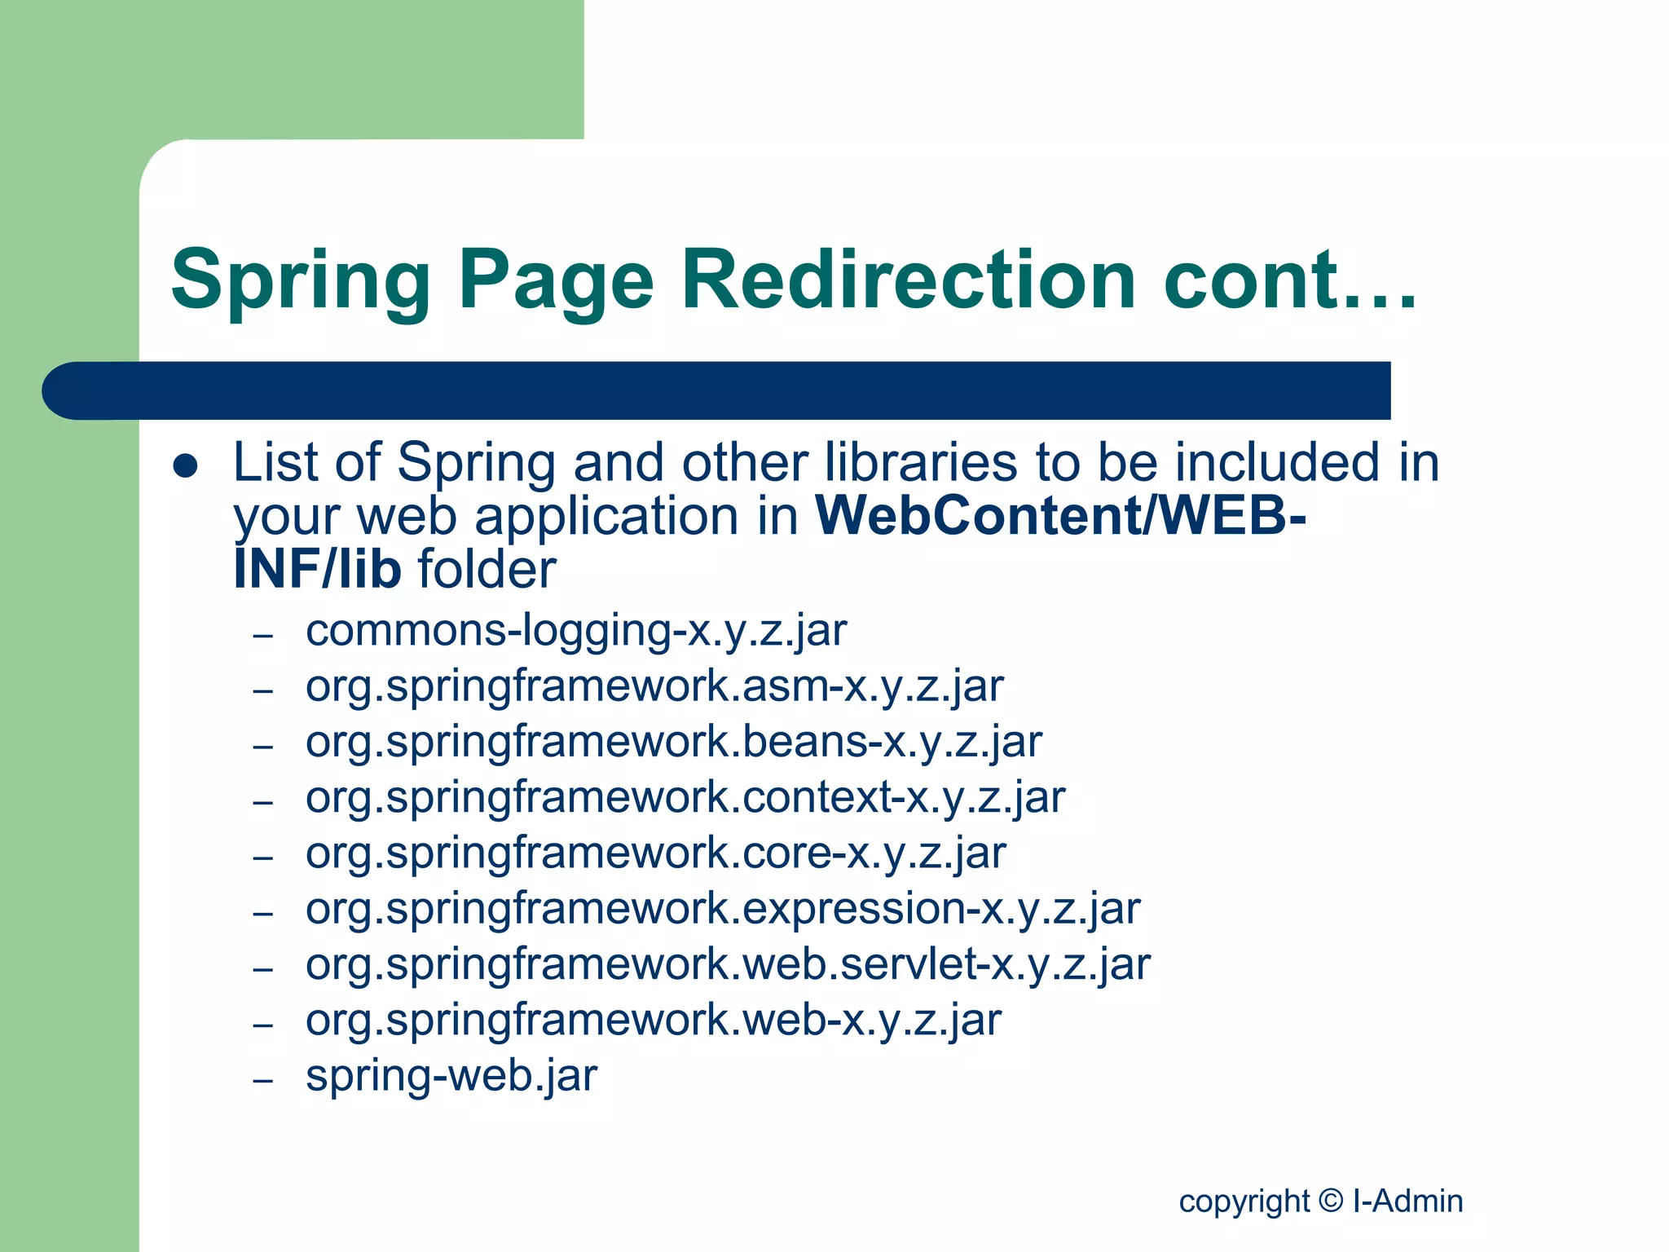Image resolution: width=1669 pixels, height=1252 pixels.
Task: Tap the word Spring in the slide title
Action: [300, 281]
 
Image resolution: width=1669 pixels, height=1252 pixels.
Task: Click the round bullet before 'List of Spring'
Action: [186, 466]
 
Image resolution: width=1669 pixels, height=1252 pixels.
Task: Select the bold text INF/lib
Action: [317, 569]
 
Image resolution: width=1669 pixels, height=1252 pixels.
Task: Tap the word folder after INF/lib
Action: [487, 569]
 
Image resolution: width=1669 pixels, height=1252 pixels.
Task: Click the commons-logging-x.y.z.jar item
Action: [576, 631]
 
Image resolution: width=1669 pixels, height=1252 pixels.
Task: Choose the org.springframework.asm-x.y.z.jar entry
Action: [654, 686]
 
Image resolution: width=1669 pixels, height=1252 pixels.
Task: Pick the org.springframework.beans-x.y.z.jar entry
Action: [674, 742]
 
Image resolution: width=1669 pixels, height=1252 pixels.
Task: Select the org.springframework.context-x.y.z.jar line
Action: [685, 797]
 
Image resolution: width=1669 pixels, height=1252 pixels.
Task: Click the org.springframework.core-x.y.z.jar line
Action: [656, 853]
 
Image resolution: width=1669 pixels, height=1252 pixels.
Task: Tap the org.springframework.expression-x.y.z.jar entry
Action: [723, 908]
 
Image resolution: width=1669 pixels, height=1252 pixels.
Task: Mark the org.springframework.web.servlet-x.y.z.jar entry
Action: [728, 964]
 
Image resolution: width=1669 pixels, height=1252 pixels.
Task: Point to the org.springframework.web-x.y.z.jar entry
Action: [654, 1020]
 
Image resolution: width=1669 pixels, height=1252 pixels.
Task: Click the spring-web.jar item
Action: [451, 1075]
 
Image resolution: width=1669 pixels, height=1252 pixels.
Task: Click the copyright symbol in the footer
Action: [1330, 1200]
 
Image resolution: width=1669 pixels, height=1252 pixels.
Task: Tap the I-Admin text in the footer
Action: [1408, 1201]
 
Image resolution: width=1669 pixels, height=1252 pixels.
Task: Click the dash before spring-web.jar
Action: [262, 1081]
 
